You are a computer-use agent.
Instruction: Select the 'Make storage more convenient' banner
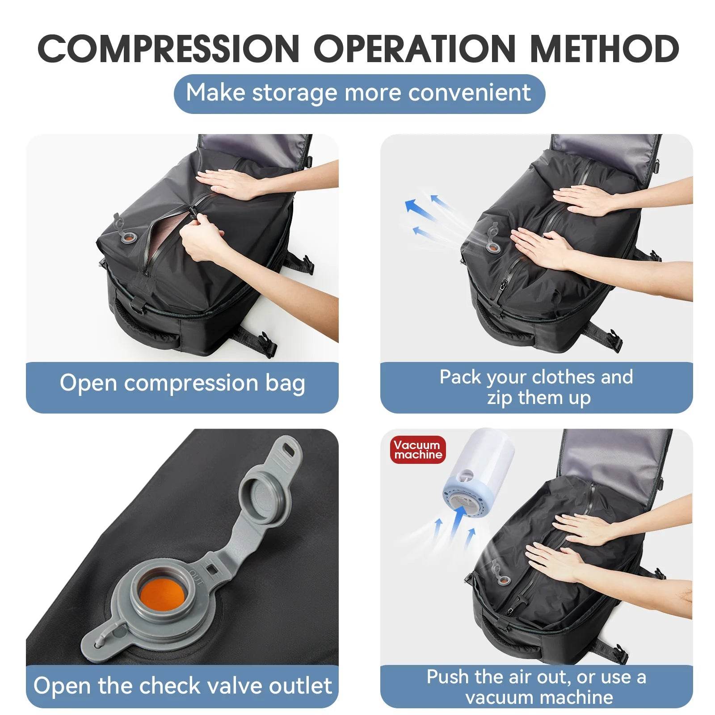tap(359, 93)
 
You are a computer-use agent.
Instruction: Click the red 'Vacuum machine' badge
tap(418, 450)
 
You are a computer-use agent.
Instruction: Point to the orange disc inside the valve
tap(162, 594)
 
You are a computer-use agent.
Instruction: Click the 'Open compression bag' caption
tap(182, 383)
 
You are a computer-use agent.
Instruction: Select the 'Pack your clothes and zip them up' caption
tap(536, 387)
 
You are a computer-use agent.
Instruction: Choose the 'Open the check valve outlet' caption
tap(182, 686)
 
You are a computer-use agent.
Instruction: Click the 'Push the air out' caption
tap(536, 687)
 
